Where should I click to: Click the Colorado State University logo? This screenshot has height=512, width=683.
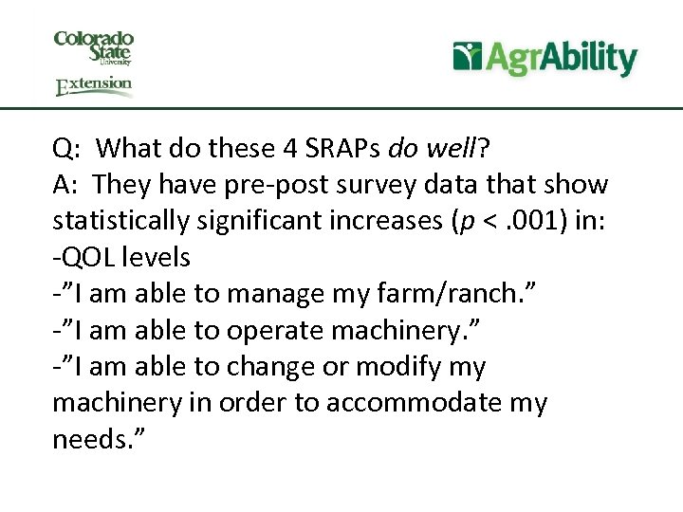94,47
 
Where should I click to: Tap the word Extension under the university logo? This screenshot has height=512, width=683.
94,86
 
